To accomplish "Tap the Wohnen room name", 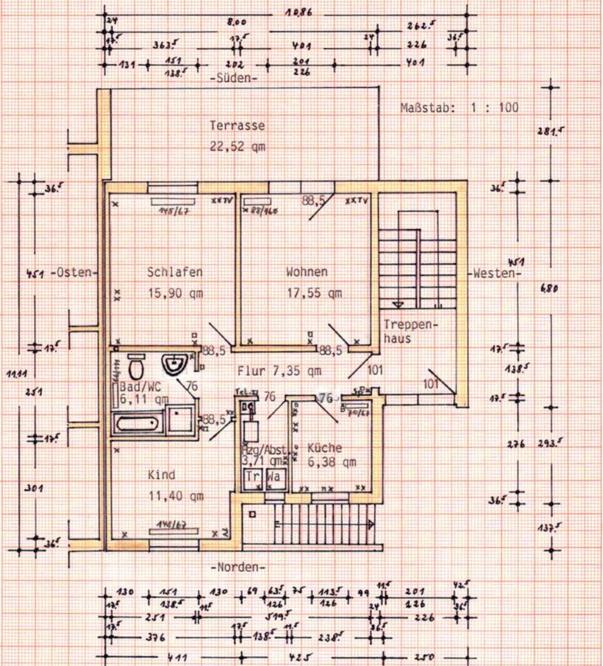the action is point(307,272).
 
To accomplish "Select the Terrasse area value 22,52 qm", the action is point(237,146).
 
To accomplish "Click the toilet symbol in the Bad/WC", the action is point(137,365).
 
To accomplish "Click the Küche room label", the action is point(325,447).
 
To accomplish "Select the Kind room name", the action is point(161,475).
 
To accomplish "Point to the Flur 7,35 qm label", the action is point(278,370).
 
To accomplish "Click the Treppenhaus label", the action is point(401,332).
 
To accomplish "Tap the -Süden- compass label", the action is point(233,79).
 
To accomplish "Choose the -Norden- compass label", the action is point(237,567).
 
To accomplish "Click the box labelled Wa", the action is point(274,477).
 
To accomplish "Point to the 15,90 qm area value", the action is point(175,293).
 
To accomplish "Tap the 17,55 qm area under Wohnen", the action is point(314,293).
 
